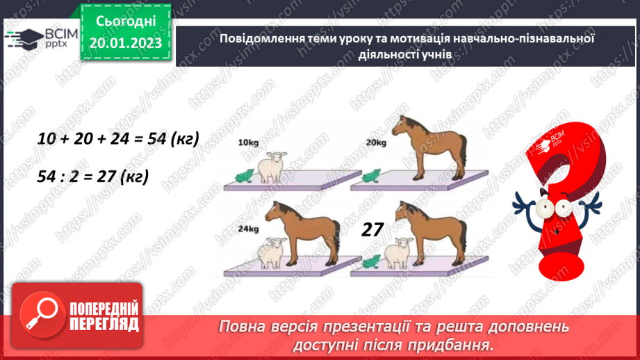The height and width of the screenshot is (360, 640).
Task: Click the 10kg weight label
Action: (x=247, y=142)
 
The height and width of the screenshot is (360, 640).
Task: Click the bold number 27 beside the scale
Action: (x=373, y=229)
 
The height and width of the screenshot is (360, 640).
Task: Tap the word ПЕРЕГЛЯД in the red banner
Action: (x=105, y=323)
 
